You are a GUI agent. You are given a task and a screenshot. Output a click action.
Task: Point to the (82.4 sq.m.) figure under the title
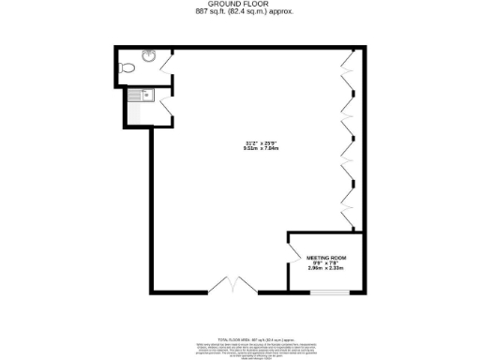(248, 12)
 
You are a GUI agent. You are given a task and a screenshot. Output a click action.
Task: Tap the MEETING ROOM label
(327, 257)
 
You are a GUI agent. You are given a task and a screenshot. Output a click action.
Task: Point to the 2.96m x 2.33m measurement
(327, 269)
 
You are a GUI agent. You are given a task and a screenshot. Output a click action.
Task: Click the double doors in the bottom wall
(231, 286)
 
